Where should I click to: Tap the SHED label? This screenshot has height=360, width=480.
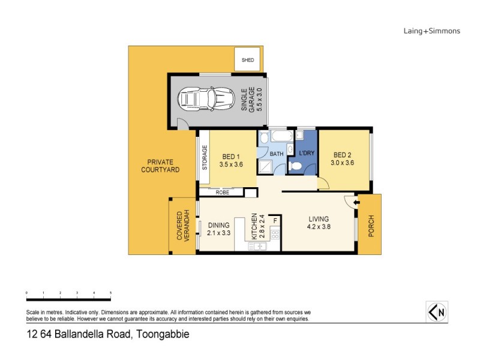247,61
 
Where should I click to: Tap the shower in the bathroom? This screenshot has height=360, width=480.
265,166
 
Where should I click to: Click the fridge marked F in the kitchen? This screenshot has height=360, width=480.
275,221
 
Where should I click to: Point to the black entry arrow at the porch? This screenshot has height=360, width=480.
356,203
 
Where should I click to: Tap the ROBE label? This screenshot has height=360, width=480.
221,193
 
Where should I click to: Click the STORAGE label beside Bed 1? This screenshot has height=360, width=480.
205,157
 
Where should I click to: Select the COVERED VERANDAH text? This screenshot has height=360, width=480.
182,226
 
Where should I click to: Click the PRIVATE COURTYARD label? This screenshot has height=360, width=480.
157,166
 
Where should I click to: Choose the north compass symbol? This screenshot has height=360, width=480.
438,311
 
